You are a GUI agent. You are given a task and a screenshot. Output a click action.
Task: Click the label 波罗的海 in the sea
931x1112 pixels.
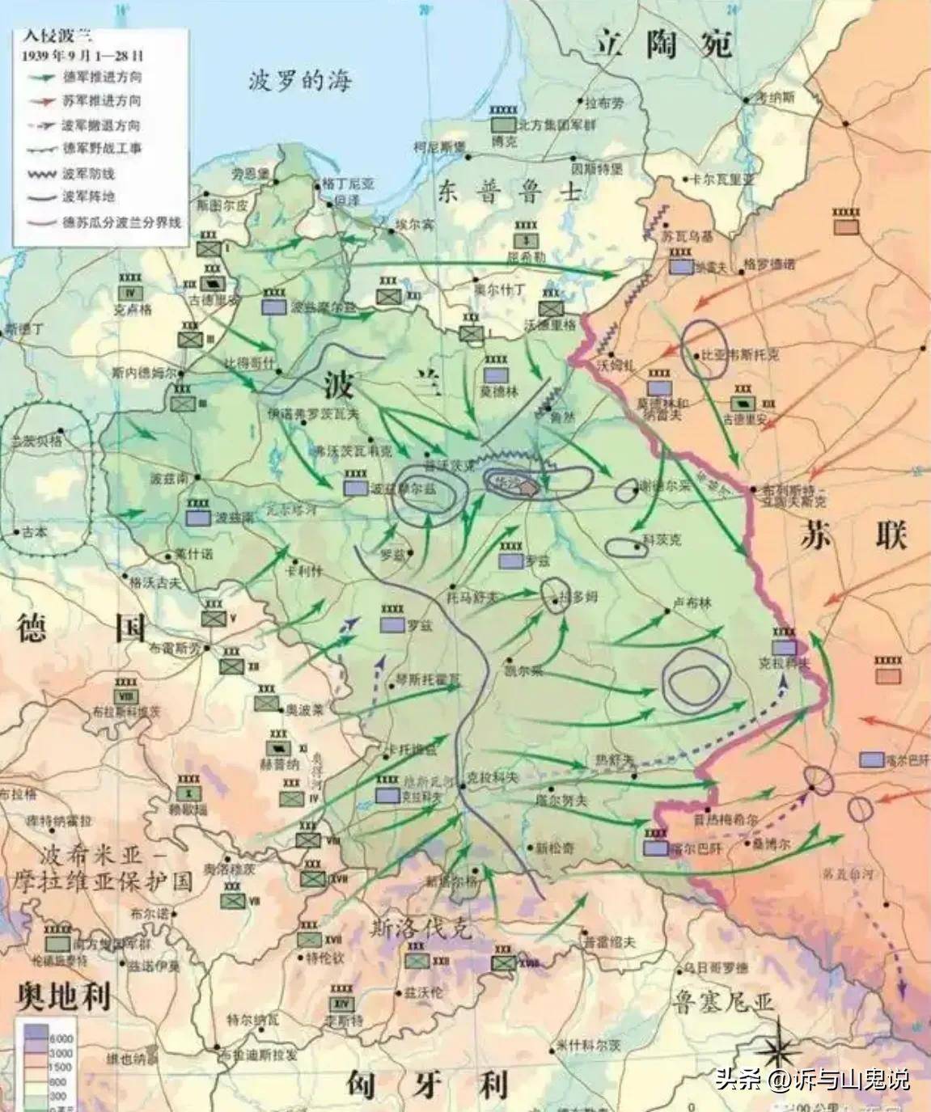pyautogui.click(x=299, y=80)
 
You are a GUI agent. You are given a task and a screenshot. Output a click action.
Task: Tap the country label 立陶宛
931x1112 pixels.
pyautogui.click(x=663, y=41)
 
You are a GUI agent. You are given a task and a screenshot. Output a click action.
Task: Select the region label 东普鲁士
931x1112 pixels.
pyautogui.click(x=510, y=190)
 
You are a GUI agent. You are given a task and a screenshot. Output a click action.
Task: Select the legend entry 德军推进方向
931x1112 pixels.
pyautogui.click(x=101, y=78)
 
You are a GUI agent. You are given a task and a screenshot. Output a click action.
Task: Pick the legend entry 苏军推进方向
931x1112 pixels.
pyautogui.click(x=101, y=101)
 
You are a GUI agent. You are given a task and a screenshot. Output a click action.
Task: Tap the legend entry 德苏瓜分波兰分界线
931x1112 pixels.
pyautogui.click(x=121, y=221)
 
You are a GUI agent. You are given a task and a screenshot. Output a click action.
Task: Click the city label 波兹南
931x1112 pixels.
pyautogui.click(x=168, y=479)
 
